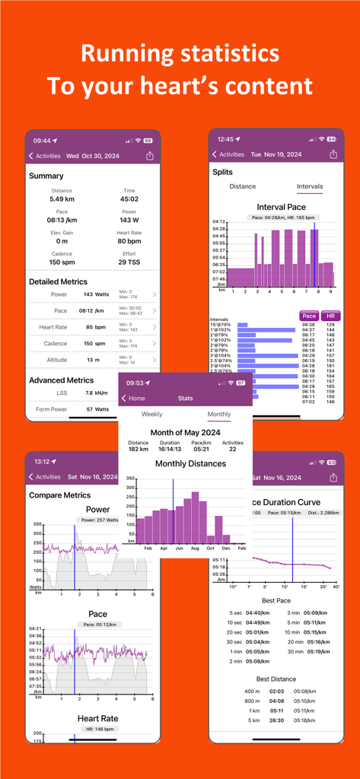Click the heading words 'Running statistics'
click(x=180, y=53)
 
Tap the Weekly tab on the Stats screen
click(x=151, y=415)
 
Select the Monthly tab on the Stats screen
click(x=219, y=415)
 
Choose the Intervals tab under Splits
click(x=309, y=186)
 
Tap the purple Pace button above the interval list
click(x=309, y=316)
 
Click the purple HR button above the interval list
click(x=330, y=316)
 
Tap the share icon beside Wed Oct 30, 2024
click(x=150, y=156)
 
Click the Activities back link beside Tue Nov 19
click(x=228, y=154)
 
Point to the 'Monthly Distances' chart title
click(x=185, y=463)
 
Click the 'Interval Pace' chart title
click(x=281, y=207)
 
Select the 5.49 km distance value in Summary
click(x=62, y=199)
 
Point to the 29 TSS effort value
click(x=129, y=262)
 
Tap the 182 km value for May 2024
click(x=139, y=450)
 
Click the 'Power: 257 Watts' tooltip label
click(x=97, y=520)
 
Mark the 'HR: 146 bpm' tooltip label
click(x=97, y=729)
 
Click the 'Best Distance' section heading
click(x=276, y=679)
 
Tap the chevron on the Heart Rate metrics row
click(x=155, y=328)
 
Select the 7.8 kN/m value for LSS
click(x=96, y=393)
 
